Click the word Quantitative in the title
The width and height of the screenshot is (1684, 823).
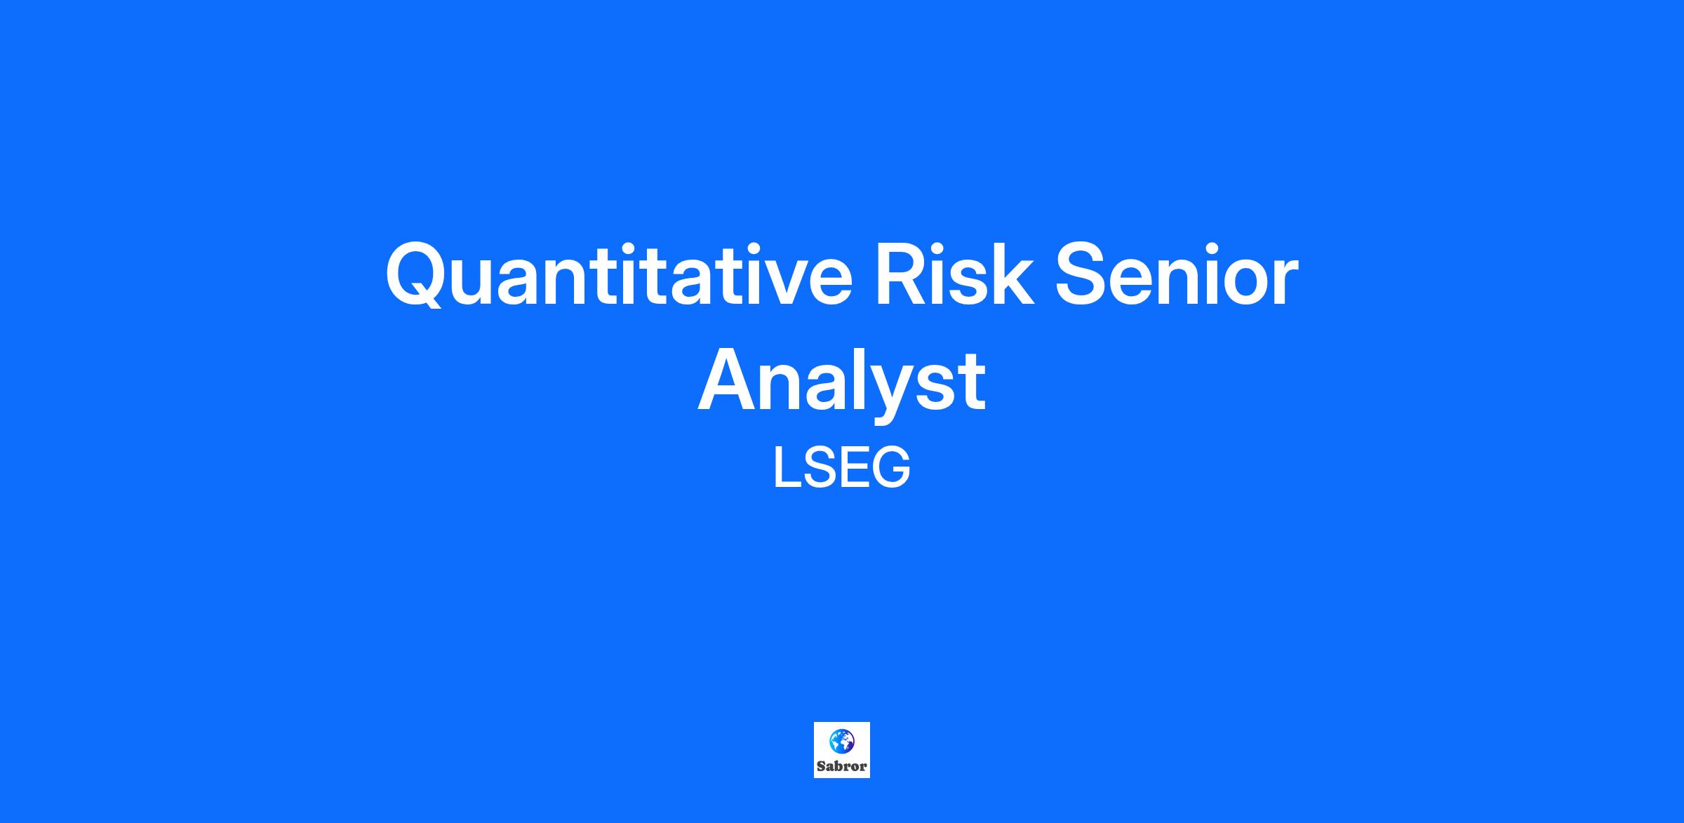[x=619, y=275]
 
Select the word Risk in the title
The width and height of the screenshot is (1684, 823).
[x=954, y=274]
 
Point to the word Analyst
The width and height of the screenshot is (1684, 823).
[x=841, y=383]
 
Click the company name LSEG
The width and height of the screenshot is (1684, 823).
[x=841, y=468]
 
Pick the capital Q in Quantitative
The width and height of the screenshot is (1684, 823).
[x=415, y=276]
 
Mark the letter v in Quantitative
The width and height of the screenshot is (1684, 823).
[x=770, y=283]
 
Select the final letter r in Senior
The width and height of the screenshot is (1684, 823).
[x=1285, y=282]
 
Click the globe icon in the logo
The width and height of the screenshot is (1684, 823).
[x=841, y=741]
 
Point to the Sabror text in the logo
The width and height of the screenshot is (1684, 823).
[x=841, y=766]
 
